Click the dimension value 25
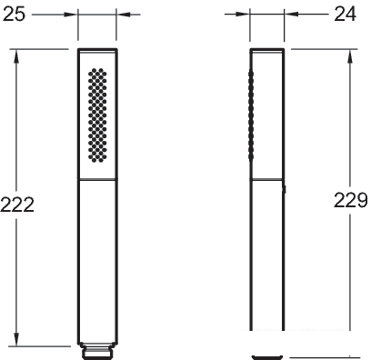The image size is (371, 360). (14, 14)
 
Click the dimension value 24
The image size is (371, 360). (346, 14)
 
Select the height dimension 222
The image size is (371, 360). (17, 205)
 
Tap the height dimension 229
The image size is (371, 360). (351, 200)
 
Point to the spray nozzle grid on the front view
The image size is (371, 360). (97, 115)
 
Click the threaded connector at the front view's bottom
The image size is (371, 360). (97, 351)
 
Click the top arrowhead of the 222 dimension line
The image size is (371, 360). (16, 56)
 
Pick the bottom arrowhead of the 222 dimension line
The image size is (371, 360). (16, 339)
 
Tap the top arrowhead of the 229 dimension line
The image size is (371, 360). (350, 56)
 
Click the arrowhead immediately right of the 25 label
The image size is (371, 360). (70, 15)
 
